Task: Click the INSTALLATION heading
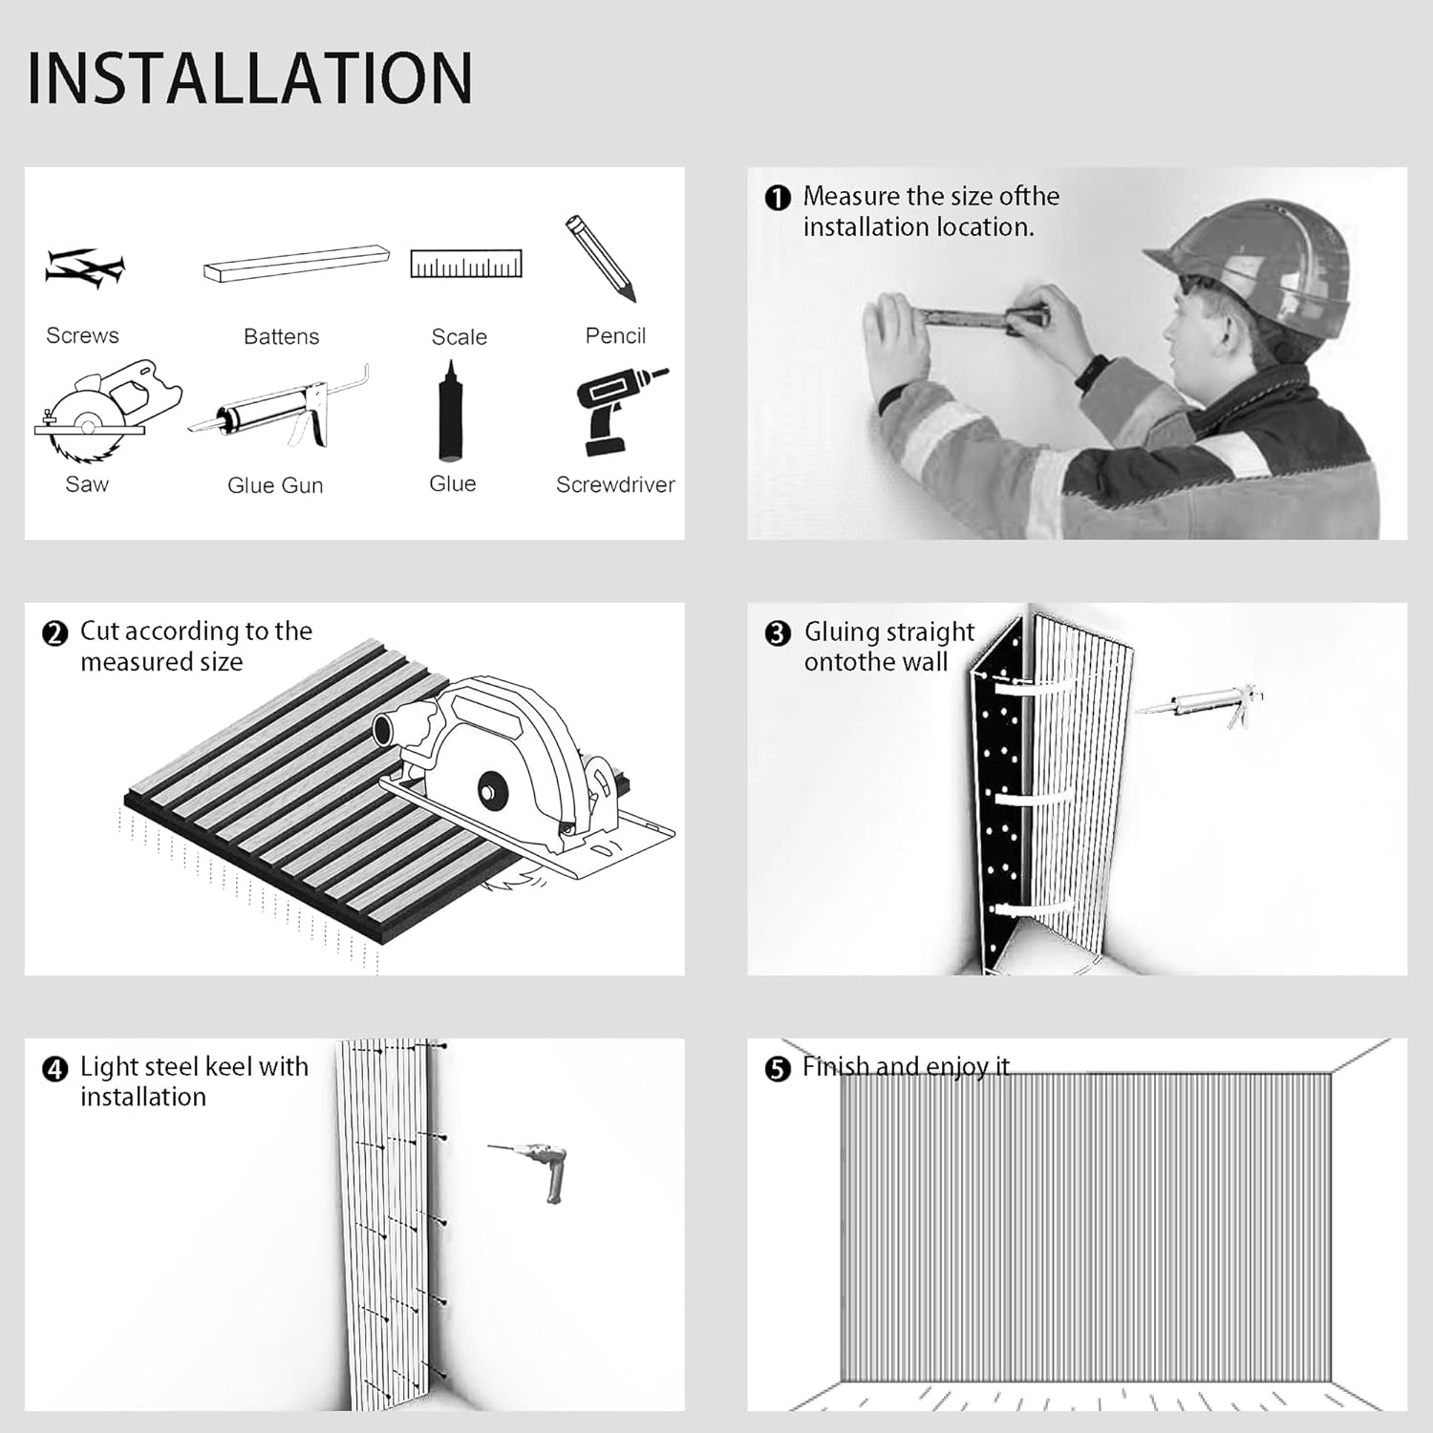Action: pos(250,77)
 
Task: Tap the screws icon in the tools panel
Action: pos(84,268)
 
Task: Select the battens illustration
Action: pos(297,263)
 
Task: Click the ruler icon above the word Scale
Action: pos(466,264)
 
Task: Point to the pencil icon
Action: pos(600,258)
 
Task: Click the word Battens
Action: pos(281,336)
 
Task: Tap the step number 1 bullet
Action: pos(778,198)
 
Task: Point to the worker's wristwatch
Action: pos(1091,373)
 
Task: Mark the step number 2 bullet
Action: pos(55,633)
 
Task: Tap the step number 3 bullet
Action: pos(778,633)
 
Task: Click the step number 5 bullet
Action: pos(778,1069)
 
